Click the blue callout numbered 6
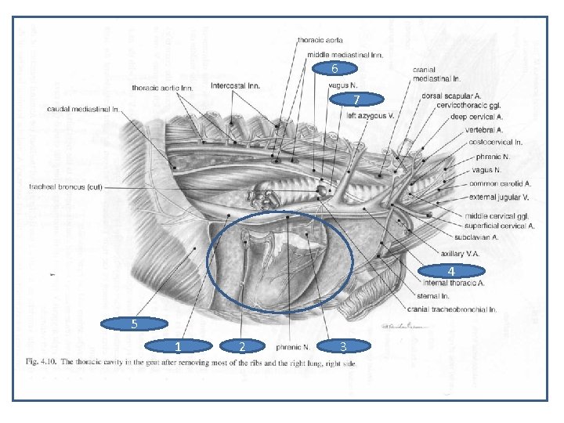click(334, 68)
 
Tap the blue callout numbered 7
click(356, 100)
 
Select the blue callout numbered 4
click(451, 271)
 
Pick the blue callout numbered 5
click(135, 323)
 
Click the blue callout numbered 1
click(179, 345)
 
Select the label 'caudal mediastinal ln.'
click(83, 109)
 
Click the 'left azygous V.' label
click(370, 115)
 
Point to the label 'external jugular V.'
click(498, 197)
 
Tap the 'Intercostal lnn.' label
click(237, 85)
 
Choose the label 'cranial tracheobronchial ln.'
click(454, 309)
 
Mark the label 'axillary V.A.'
click(461, 254)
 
